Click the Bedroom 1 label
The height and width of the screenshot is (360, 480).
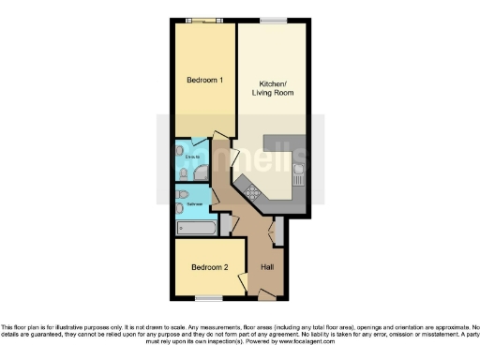click(x=204, y=81)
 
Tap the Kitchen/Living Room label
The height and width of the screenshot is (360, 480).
click(x=272, y=88)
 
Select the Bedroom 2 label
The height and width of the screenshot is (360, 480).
click(x=210, y=267)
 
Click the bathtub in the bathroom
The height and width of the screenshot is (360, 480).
click(x=196, y=227)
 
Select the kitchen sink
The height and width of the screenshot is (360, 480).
click(x=298, y=172)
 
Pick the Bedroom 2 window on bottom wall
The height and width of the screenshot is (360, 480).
click(x=207, y=299)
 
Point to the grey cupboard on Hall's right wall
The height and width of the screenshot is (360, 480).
click(x=279, y=230)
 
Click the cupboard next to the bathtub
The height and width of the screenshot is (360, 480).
click(x=225, y=226)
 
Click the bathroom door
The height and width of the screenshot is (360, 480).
click(x=215, y=198)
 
